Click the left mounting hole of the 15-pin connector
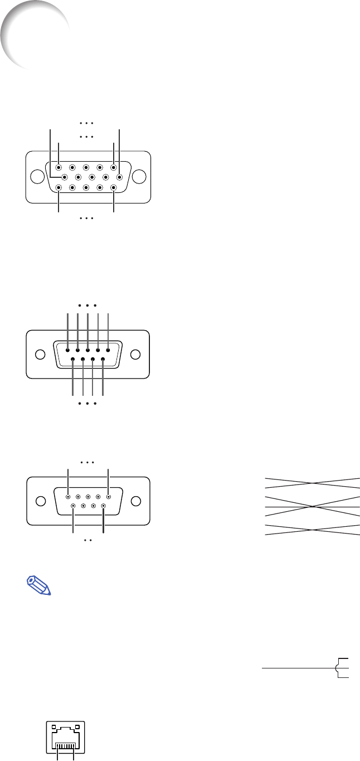coord(37,177)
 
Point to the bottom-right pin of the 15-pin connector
coord(113,188)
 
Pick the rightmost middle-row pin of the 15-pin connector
coord(119,177)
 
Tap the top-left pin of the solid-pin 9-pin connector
coord(68,350)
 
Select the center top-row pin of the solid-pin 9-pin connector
coord(88,350)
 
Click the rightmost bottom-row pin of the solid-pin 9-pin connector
coord(103,360)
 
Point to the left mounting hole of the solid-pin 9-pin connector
coord(40,355)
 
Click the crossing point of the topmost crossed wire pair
coord(313,483)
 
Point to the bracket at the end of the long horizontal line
coord(342,667)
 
